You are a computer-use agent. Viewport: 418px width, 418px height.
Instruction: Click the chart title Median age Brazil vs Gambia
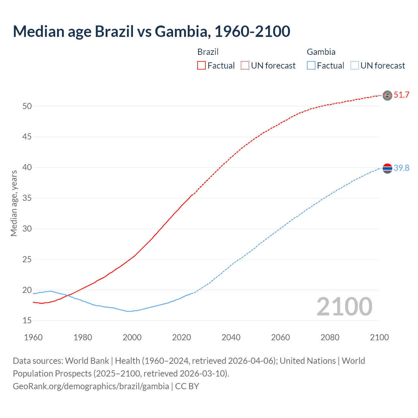click(x=151, y=31)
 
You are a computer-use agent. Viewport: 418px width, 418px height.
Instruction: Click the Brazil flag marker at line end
click(x=387, y=95)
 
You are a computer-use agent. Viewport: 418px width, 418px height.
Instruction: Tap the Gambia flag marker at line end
click(x=387, y=168)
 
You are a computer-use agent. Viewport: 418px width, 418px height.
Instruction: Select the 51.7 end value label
click(x=401, y=95)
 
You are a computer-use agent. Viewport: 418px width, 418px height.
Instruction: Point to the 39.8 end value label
click(x=401, y=168)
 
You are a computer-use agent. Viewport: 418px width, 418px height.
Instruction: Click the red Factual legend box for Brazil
click(x=201, y=66)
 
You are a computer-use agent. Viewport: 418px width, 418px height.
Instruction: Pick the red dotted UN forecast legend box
click(x=245, y=66)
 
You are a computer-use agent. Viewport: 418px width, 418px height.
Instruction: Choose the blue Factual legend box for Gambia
click(x=311, y=66)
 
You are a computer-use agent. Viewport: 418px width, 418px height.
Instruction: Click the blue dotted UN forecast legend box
click(x=354, y=66)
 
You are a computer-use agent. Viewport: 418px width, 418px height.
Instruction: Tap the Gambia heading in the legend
click(x=321, y=52)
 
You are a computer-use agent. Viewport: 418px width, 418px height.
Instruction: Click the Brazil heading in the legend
click(x=208, y=52)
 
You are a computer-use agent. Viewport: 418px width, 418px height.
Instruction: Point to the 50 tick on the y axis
click(x=27, y=106)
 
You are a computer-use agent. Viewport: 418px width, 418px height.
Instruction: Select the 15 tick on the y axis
click(x=27, y=321)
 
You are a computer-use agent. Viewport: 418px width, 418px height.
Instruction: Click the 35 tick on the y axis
click(x=27, y=198)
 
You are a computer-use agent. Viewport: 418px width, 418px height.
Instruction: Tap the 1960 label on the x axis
click(x=33, y=337)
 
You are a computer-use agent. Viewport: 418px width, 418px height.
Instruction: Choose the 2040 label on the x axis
click(x=231, y=337)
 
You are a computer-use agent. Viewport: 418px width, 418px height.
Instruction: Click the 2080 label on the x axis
click(x=330, y=337)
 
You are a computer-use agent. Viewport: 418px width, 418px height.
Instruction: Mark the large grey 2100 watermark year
click(x=344, y=306)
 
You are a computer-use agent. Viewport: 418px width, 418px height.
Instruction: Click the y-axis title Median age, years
click(x=14, y=203)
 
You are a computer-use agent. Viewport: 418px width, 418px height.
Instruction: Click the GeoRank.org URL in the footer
click(x=91, y=386)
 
